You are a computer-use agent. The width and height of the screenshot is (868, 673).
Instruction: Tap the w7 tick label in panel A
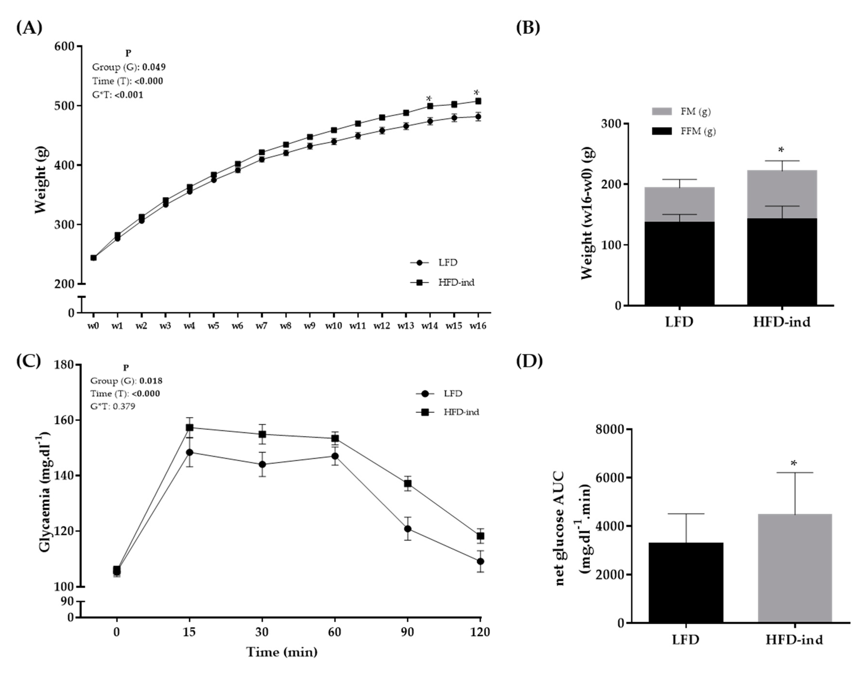point(261,326)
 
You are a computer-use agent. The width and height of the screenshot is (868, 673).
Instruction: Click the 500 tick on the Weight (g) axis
point(65,106)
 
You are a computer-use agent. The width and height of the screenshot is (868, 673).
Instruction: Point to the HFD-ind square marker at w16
point(478,101)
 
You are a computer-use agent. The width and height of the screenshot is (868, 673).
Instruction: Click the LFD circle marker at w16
point(478,117)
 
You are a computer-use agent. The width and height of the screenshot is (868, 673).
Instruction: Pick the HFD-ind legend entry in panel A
point(456,282)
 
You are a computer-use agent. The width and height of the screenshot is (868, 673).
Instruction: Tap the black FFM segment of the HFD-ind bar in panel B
point(782,262)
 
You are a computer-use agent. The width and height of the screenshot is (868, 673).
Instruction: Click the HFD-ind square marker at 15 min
point(190,428)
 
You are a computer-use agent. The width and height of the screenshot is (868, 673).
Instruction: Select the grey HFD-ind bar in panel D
point(795,568)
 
